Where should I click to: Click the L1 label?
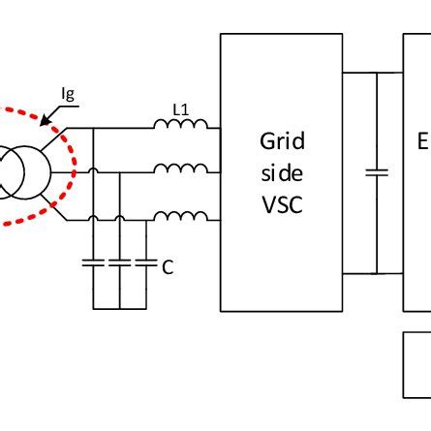click(x=180, y=110)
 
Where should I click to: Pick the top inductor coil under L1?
click(x=180, y=124)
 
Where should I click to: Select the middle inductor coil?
click(x=180, y=170)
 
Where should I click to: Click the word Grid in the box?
click(x=282, y=142)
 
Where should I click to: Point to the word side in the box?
click(x=282, y=174)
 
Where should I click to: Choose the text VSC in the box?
click(x=282, y=205)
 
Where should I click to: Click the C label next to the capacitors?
click(x=168, y=266)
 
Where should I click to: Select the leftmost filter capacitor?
click(x=93, y=262)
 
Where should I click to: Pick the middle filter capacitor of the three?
click(x=119, y=262)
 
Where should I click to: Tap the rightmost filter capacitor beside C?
click(x=145, y=262)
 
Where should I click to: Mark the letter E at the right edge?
click(x=422, y=142)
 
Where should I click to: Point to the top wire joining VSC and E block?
click(x=373, y=73)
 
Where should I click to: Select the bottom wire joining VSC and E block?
click(x=373, y=273)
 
